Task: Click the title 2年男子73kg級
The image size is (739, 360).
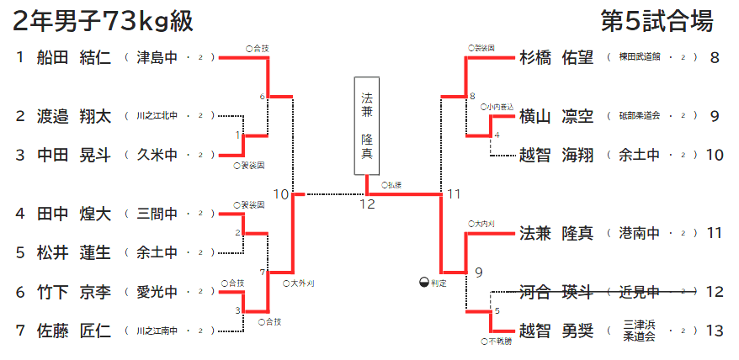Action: (104, 21)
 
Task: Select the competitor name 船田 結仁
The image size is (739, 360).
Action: (74, 58)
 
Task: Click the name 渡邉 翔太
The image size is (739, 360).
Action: (74, 116)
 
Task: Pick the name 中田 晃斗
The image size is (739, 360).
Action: (74, 155)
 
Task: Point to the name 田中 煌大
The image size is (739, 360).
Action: (74, 214)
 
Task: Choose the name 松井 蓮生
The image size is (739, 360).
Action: (74, 252)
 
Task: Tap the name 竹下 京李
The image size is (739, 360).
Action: (74, 292)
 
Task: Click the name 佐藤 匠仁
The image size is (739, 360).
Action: (74, 331)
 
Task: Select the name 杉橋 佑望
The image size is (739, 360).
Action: (556, 58)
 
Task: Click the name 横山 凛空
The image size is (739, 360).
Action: (556, 116)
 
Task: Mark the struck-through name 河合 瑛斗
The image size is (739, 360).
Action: (556, 292)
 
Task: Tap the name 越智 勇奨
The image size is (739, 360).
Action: (556, 331)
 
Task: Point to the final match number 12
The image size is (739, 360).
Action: (367, 204)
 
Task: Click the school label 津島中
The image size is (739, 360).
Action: (157, 58)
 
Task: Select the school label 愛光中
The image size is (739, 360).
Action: (157, 292)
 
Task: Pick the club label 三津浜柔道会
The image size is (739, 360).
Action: (640, 331)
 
